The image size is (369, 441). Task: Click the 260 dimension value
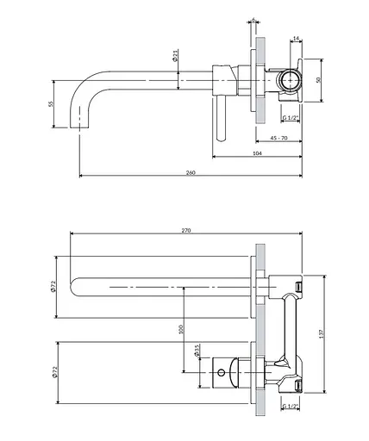(191, 172)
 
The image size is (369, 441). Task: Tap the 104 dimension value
(257, 153)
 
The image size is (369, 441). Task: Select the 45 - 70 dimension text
(278, 138)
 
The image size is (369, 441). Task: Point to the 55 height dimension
(51, 104)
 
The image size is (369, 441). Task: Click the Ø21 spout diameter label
(175, 55)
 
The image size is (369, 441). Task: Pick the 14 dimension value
(296, 38)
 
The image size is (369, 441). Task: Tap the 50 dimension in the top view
(318, 80)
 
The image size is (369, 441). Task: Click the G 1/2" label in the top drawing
(291, 117)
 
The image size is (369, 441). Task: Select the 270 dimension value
(186, 230)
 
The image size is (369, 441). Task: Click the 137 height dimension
(322, 333)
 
